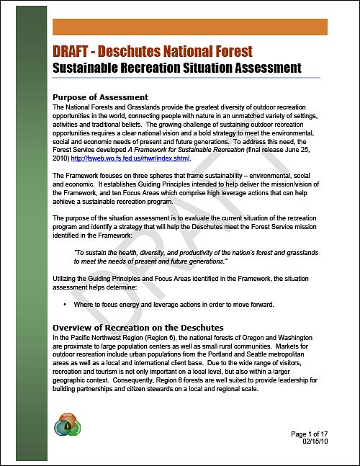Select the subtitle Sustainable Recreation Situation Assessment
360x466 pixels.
pyautogui.click(x=176, y=68)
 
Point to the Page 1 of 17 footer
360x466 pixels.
pyautogui.click(x=309, y=434)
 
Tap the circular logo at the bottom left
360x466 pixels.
pyautogui.click(x=69, y=425)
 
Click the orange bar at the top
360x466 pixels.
pyautogui.click(x=190, y=27)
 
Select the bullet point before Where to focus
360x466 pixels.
pyautogui.click(x=65, y=305)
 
